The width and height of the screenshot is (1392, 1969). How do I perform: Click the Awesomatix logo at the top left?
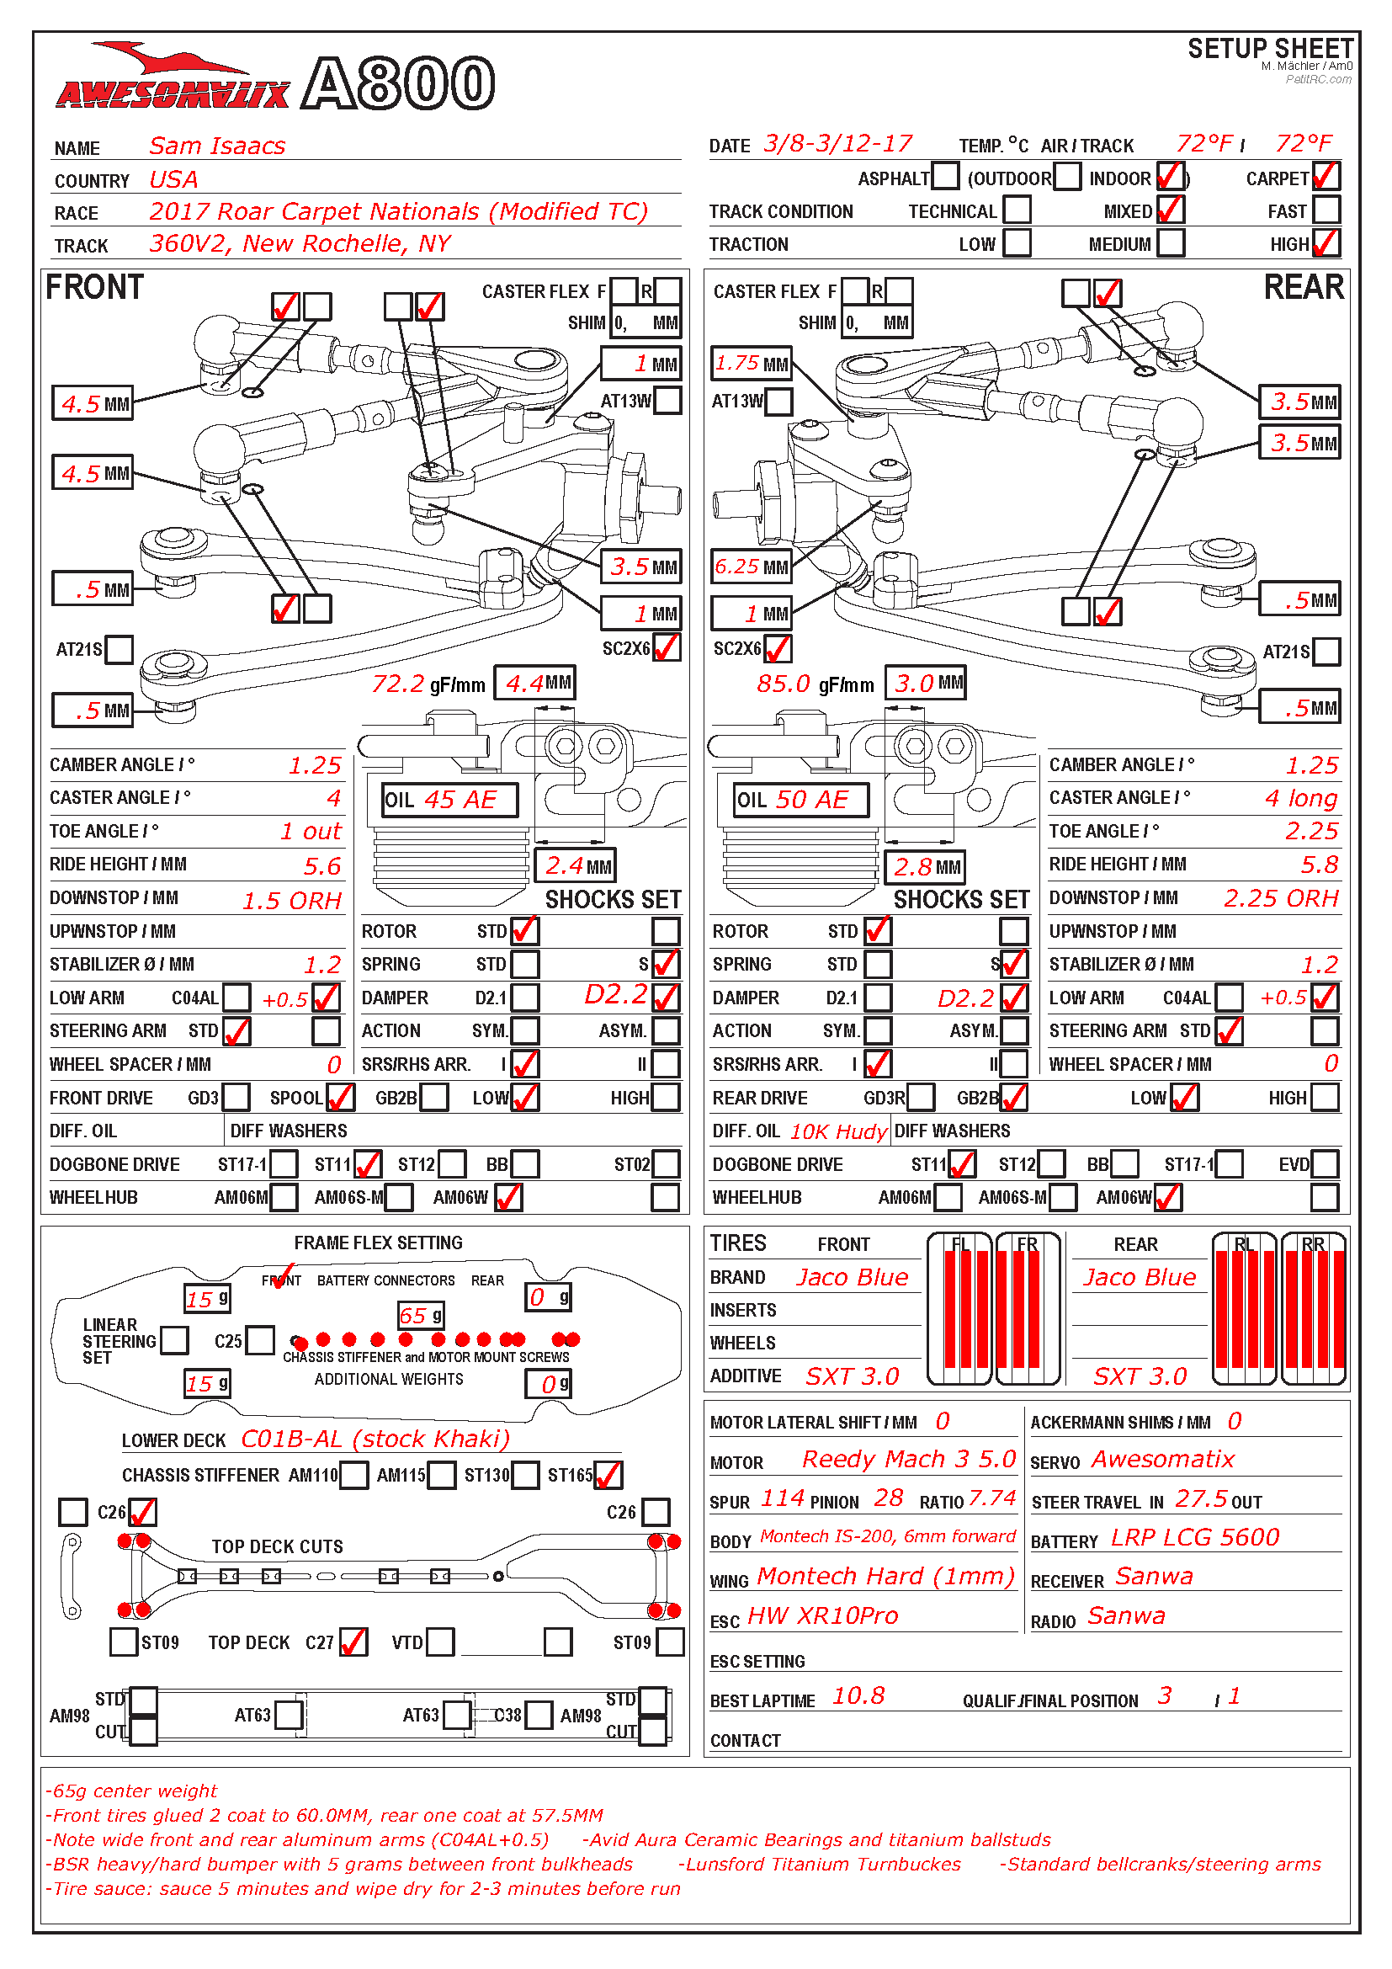tap(172, 82)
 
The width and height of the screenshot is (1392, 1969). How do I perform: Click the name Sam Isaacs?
tap(217, 146)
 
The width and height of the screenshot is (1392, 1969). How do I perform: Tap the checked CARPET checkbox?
tap(1326, 177)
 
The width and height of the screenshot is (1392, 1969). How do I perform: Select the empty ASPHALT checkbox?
tap(944, 177)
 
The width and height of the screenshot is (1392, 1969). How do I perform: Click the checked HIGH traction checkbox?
tap(1326, 243)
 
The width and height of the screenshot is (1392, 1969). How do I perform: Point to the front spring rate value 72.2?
tap(398, 684)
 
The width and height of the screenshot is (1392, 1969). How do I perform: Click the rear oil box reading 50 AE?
tap(801, 799)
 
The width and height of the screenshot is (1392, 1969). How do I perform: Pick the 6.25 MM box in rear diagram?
tap(751, 567)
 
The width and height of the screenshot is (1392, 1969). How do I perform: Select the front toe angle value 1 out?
tap(311, 831)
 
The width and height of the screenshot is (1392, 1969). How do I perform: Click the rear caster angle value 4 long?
tap(1300, 798)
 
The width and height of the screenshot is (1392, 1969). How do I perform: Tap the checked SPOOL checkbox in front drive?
tap(340, 1097)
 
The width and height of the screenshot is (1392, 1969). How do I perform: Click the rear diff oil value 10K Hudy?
tap(837, 1131)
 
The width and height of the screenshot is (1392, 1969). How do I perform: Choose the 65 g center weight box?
tap(420, 1315)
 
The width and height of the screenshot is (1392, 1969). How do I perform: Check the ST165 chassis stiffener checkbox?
tap(608, 1475)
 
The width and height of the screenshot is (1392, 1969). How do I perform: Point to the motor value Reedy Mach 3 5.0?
tap(909, 1459)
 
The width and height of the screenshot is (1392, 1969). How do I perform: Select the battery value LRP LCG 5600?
tap(1195, 1537)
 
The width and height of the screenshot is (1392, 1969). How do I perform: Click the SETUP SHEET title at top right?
tap(1269, 49)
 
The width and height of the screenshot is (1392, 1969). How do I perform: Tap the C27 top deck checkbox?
tap(353, 1642)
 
